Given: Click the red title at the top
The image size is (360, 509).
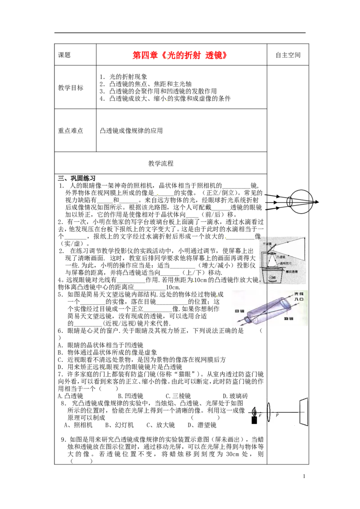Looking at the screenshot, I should coord(179,55).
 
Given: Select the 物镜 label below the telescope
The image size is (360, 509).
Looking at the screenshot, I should coord(288,318).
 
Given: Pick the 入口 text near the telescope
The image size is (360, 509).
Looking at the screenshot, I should coord(298,299).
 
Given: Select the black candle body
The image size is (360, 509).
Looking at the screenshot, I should coord(254,420).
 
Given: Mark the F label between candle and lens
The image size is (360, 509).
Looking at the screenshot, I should coord(260,416).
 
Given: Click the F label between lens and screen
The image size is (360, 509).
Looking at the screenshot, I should coord(277,416).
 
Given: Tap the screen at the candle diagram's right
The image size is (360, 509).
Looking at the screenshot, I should coord(303,411).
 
